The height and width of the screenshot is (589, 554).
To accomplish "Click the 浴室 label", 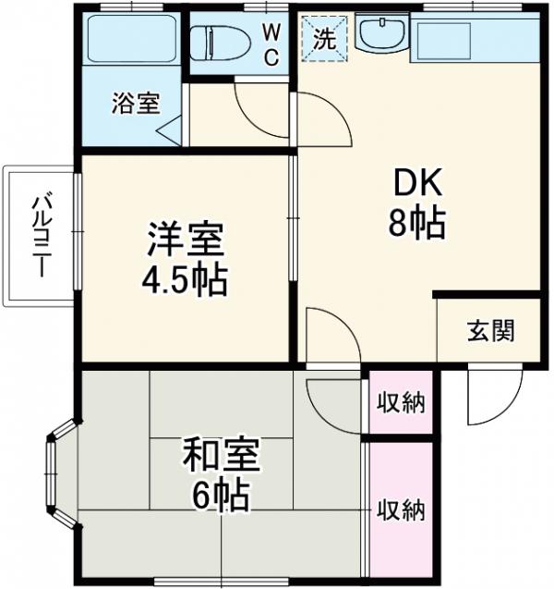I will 136,104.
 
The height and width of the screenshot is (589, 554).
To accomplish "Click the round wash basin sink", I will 379,37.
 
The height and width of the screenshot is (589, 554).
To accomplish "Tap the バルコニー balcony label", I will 40,235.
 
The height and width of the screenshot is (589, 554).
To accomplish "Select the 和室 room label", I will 221,456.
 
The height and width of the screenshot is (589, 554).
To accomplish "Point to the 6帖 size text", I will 221,497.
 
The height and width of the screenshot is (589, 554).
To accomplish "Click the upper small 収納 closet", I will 400,402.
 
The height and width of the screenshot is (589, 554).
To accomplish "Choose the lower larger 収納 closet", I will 400,509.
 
